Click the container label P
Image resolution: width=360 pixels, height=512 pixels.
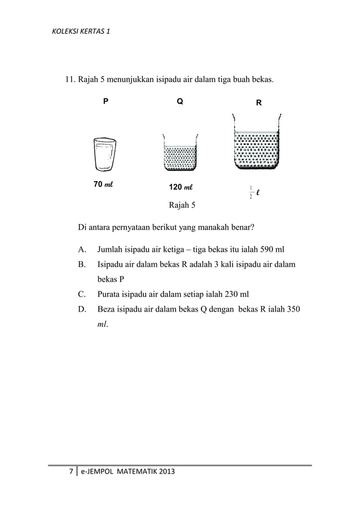[105, 102]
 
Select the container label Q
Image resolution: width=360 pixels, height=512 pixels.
[179, 102]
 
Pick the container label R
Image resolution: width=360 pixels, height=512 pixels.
[258, 103]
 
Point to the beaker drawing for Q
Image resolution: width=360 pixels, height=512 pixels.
[179, 154]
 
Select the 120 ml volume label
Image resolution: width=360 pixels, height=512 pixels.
[181, 187]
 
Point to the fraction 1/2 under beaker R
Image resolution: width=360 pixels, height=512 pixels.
[250, 192]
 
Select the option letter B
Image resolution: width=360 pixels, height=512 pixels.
[82, 264]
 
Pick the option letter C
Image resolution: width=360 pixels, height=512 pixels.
[82, 294]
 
